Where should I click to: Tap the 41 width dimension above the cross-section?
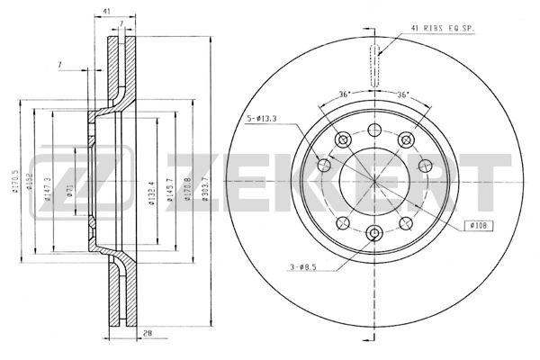(x=106, y=10)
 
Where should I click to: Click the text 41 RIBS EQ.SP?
(x=444, y=29)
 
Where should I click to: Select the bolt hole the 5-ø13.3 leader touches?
(x=324, y=165)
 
